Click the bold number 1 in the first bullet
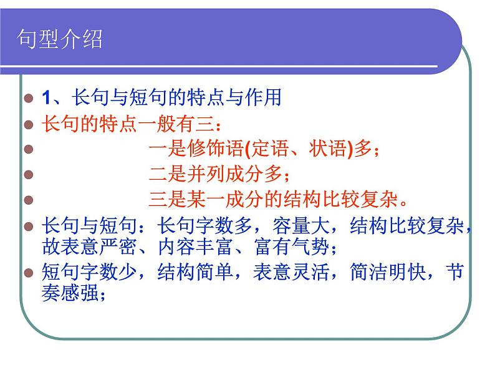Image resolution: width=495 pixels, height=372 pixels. tap(46, 97)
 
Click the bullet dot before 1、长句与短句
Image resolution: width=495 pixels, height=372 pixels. tap(28, 98)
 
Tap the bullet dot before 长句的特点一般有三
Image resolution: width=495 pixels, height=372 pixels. tap(28, 124)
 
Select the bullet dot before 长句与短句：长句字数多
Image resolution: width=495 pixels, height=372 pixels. tap(28, 226)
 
